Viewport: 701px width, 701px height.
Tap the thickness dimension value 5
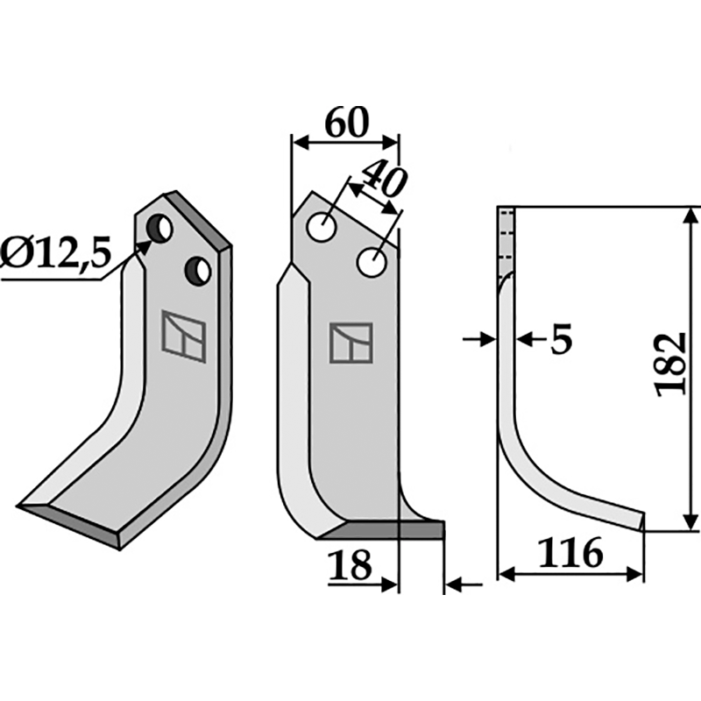click(561, 339)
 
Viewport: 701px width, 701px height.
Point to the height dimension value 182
click(672, 364)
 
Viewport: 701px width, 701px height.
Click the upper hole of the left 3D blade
click(161, 230)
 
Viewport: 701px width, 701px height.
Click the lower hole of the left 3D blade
click(199, 271)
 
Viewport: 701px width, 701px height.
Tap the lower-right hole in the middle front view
click(372, 261)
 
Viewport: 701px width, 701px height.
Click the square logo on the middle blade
click(350, 343)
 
